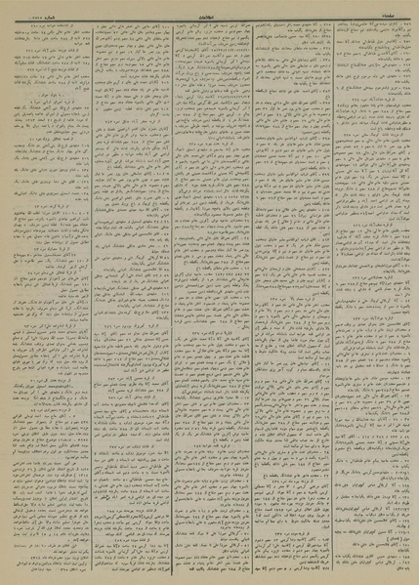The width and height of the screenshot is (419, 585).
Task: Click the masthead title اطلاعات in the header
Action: pos(208,5)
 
